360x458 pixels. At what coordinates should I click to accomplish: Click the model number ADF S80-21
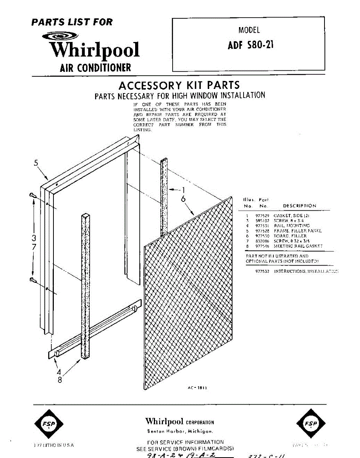pos(250,45)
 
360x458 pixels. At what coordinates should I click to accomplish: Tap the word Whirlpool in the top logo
pos(94,50)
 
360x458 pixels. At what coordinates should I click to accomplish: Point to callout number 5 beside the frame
pos(36,163)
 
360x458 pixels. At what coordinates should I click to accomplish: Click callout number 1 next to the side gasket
pos(183,190)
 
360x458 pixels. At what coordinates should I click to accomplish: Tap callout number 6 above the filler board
pos(183,199)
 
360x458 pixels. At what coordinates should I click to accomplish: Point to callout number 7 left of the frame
pos(34,247)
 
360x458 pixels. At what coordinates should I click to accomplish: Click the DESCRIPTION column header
pos(299,206)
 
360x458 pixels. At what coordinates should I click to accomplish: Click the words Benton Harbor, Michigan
pos(179,431)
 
